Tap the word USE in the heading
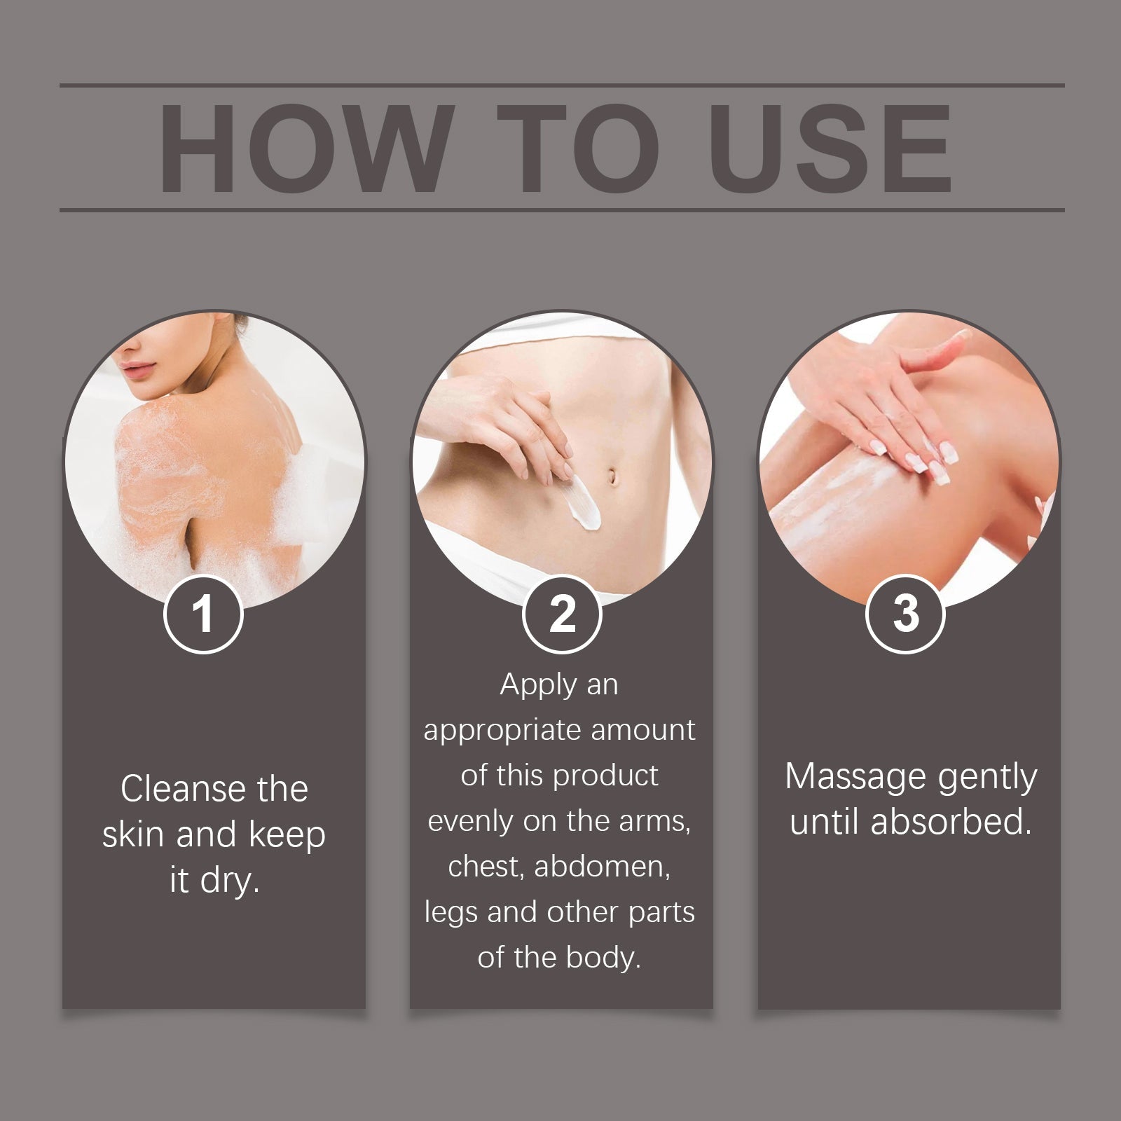tap(831, 149)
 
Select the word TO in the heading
tap(579, 149)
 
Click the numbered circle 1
tap(203, 614)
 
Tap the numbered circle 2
tap(562, 614)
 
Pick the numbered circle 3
tap(905, 614)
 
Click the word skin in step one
tap(134, 835)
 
